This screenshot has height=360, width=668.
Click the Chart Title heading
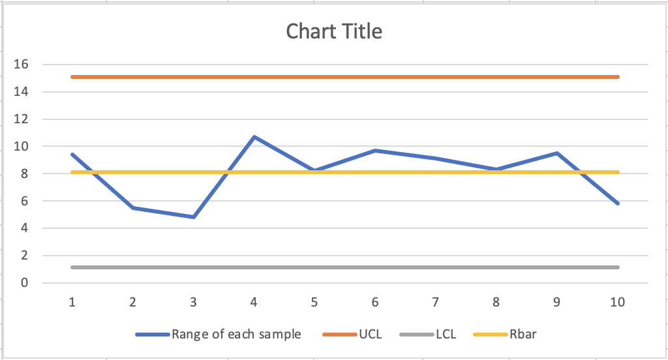pyautogui.click(x=334, y=31)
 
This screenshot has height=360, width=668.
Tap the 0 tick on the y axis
pyautogui.click(x=24, y=283)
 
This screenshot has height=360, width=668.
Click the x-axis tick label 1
pyautogui.click(x=72, y=302)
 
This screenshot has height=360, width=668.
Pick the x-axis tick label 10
pyautogui.click(x=617, y=302)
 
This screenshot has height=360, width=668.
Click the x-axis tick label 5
pyautogui.click(x=314, y=302)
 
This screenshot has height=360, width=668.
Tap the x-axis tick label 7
pyautogui.click(x=435, y=302)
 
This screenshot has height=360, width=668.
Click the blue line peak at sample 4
pyautogui.click(x=254, y=137)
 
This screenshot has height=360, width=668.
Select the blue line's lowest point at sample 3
pyautogui.click(x=194, y=217)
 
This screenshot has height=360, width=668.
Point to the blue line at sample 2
pyautogui.click(x=133, y=207)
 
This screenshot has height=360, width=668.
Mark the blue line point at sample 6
pyautogui.click(x=375, y=151)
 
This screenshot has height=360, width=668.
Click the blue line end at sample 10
pyautogui.click(x=617, y=203)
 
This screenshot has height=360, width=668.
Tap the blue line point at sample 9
pyautogui.click(x=556, y=153)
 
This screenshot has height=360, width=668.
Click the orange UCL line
pyautogui.click(x=346, y=77)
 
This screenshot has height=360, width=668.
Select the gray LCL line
pyautogui.click(x=346, y=267)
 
